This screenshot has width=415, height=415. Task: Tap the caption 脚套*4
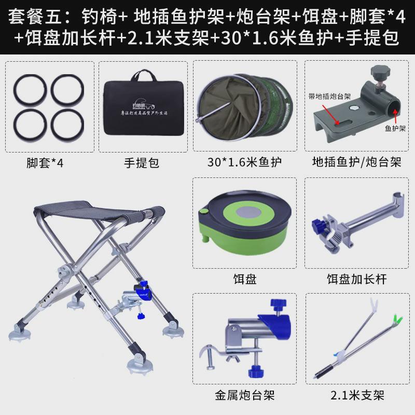[x=46, y=163]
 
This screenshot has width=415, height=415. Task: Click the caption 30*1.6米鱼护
[x=245, y=163]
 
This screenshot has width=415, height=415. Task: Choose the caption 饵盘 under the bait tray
[x=245, y=280]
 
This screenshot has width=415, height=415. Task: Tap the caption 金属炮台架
[x=245, y=396]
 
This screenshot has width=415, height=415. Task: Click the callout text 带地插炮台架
[x=330, y=96]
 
